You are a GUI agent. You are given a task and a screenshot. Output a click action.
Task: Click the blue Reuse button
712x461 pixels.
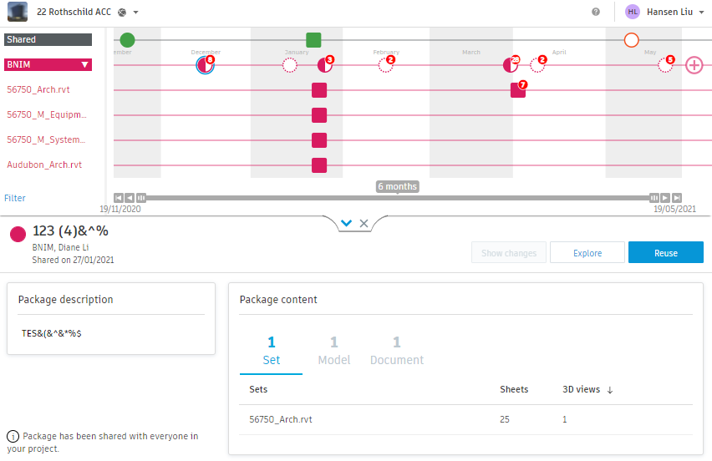[665, 253]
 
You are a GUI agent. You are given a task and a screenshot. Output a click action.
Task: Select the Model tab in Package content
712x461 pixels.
[333, 351]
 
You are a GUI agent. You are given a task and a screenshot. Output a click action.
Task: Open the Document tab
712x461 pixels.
[397, 351]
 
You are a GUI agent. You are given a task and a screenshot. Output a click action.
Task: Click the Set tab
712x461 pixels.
[271, 351]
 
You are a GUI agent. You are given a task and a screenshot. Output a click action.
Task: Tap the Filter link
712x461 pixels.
[15, 198]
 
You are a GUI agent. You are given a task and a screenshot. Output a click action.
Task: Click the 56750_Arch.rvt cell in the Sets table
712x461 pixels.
[281, 419]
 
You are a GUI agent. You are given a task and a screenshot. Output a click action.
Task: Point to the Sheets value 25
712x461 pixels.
[505, 419]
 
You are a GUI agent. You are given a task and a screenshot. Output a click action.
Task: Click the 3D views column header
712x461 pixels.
[587, 389]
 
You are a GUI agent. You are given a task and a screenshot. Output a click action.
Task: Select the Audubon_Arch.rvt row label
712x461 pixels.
[44, 165]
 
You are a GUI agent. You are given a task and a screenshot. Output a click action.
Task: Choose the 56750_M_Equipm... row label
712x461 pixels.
[46, 114]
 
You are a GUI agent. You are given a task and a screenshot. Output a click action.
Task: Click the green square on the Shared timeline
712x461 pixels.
[313, 40]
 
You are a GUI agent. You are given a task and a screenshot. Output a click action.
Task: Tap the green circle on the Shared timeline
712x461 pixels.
[127, 40]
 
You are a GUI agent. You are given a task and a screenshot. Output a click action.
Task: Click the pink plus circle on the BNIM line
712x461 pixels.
[694, 65]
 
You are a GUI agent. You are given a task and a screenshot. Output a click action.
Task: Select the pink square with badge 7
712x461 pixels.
[518, 90]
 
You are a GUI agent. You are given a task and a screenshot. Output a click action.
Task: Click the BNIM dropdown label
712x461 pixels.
[48, 64]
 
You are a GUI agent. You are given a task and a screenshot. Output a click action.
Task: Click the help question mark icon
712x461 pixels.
[596, 12]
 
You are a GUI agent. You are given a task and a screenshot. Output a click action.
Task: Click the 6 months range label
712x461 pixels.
[397, 186]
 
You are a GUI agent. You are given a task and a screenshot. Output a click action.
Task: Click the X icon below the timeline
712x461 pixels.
[364, 223]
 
